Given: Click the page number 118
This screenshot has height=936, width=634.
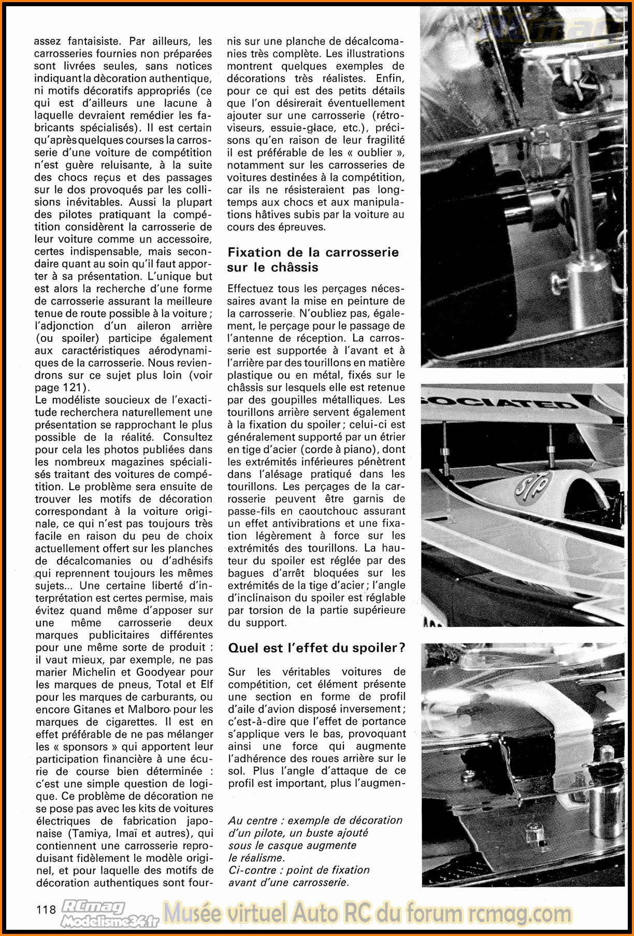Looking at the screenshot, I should click(x=46, y=909).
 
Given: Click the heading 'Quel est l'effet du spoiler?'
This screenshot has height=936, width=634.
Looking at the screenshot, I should click(x=316, y=647).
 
